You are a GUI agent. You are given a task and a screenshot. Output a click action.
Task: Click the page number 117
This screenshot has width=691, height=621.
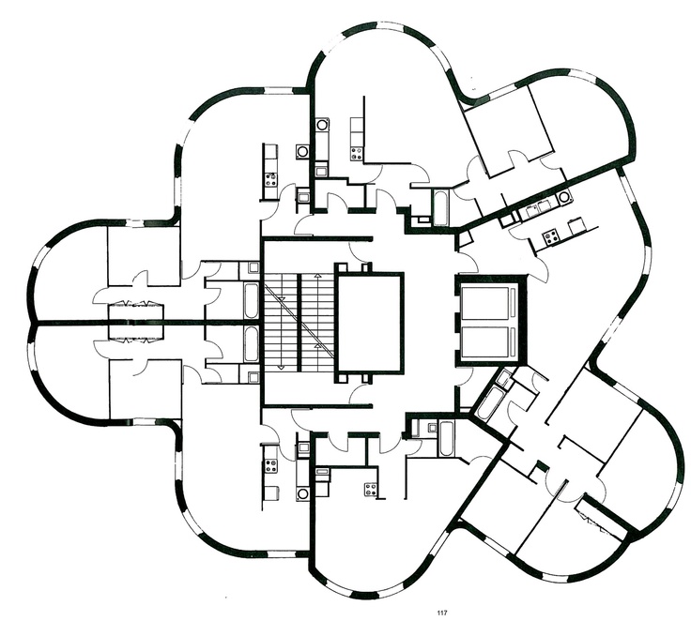coord(442,613)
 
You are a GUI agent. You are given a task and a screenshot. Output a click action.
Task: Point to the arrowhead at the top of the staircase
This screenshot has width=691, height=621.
coord(316,276)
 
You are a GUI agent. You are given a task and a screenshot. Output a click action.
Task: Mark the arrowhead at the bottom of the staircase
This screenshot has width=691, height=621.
coord(281,367)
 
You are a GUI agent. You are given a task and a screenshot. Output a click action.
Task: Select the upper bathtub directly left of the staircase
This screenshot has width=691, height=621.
coord(252,301)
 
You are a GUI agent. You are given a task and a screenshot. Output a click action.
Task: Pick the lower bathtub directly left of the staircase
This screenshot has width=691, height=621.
coord(252,344)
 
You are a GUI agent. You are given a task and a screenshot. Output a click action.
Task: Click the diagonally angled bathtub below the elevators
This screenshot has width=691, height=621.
coord(486,403)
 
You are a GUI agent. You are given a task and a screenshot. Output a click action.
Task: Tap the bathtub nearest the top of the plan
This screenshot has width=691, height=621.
coord(440,207)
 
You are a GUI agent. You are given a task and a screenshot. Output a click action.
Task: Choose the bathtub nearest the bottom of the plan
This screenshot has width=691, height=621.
coord(445,439)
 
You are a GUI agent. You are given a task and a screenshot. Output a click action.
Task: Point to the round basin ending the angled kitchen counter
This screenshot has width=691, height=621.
coord(563,196)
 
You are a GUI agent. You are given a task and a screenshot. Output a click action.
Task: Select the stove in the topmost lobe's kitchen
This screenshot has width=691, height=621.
coord(357,154)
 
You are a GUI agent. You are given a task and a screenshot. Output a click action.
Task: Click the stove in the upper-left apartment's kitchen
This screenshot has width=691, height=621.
coord(270,179)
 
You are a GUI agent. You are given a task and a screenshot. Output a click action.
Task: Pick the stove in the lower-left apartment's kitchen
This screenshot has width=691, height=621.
coord(270,466)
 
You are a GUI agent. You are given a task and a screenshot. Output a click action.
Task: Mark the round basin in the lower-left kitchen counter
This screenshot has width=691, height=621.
coord(302,493)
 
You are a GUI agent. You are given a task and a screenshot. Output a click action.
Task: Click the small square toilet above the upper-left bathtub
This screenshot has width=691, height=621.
coord(253,267)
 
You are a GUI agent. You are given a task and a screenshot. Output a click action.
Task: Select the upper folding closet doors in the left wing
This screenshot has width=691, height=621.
coord(136,304)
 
